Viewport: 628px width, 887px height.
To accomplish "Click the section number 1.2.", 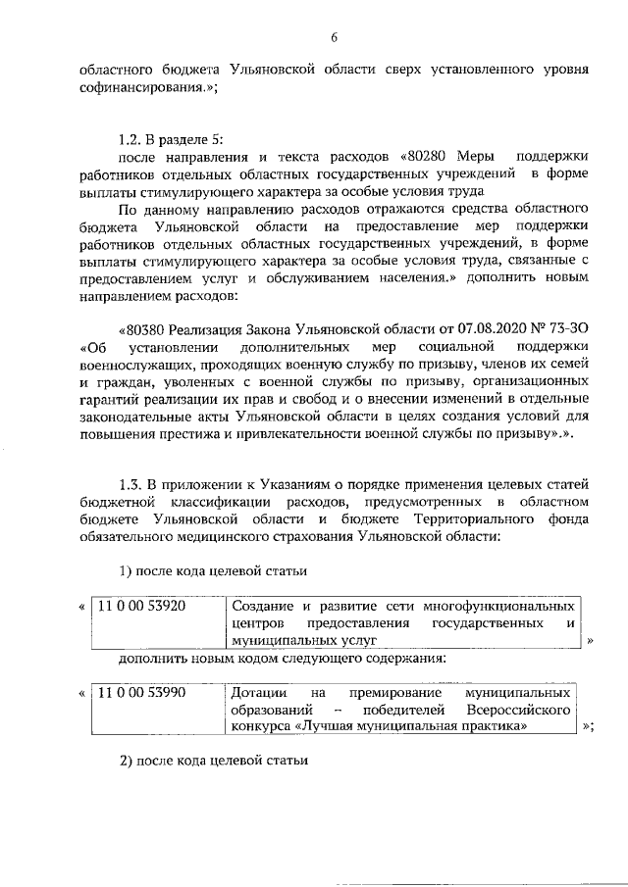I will point(130,138).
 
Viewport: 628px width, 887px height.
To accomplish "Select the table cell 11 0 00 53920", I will point(141,606).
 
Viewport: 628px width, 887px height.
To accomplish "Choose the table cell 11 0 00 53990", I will point(141,693).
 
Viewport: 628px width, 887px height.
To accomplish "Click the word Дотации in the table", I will point(260,693).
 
